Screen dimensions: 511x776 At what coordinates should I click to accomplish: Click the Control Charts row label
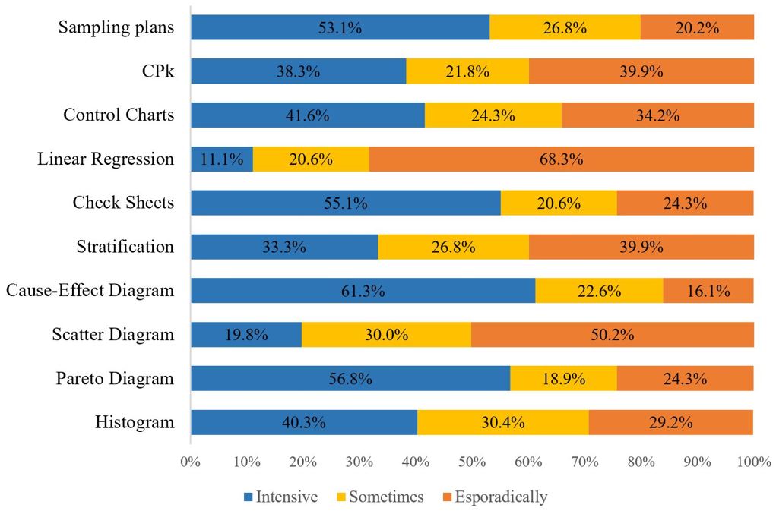click(x=119, y=115)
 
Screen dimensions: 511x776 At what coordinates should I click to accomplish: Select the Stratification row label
click(x=125, y=247)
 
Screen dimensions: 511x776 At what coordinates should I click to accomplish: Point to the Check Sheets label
click(x=123, y=203)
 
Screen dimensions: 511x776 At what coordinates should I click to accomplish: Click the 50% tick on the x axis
click(x=472, y=461)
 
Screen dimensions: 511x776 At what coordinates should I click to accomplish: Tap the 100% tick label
click(x=753, y=461)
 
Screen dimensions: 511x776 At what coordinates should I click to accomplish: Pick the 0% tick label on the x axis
click(x=190, y=461)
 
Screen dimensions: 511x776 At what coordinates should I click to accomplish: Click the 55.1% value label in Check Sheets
click(x=346, y=203)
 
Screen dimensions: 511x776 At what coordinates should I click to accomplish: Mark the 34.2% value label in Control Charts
click(x=657, y=115)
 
